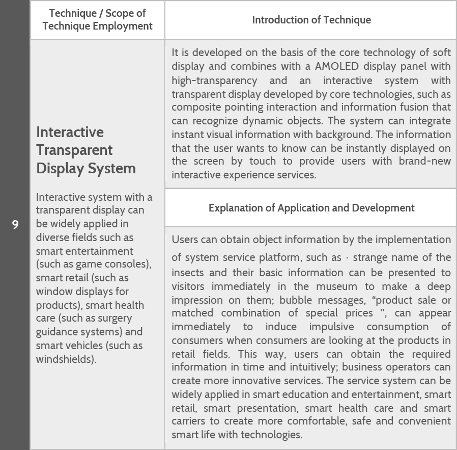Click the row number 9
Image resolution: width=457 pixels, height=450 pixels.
click(x=15, y=224)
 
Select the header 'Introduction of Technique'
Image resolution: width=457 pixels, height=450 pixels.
click(x=311, y=20)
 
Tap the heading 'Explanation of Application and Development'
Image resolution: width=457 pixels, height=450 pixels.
click(x=311, y=208)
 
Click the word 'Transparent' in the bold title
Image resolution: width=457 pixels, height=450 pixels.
click(x=74, y=150)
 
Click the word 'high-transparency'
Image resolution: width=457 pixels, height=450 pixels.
click(x=214, y=81)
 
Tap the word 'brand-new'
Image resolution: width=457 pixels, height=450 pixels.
click(x=425, y=162)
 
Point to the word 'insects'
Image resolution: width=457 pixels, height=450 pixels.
click(x=189, y=273)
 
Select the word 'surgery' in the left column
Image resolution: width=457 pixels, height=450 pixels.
click(x=112, y=319)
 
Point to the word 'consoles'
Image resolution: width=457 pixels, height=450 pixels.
click(x=128, y=264)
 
